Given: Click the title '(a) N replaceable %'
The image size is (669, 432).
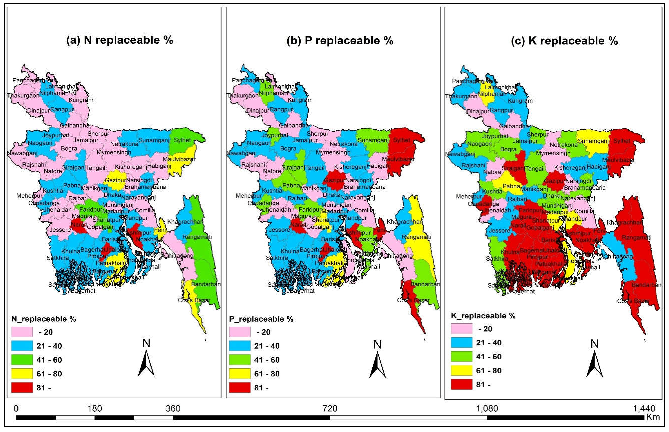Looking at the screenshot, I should click(x=120, y=40).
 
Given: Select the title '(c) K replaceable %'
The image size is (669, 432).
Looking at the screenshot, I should click(x=565, y=41).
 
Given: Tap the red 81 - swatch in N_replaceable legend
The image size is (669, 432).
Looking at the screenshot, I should click(x=22, y=387).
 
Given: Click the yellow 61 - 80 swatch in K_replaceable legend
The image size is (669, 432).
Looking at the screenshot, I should click(x=461, y=370).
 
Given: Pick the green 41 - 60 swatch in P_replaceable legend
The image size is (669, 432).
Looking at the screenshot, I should click(x=240, y=360).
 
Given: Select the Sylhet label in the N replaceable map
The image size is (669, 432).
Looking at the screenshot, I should click(x=182, y=140).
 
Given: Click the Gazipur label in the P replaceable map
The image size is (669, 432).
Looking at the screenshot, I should click(x=335, y=180).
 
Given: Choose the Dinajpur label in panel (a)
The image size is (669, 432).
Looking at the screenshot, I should click(x=38, y=111).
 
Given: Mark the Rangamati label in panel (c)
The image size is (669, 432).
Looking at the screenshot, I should click(x=637, y=238).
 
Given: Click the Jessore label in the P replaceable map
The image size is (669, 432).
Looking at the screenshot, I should click(x=280, y=230).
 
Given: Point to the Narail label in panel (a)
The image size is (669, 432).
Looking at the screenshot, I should click(x=78, y=225).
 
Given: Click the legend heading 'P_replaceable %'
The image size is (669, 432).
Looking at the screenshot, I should click(x=261, y=319).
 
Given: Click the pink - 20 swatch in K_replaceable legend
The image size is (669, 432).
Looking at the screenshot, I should click(x=461, y=329).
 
